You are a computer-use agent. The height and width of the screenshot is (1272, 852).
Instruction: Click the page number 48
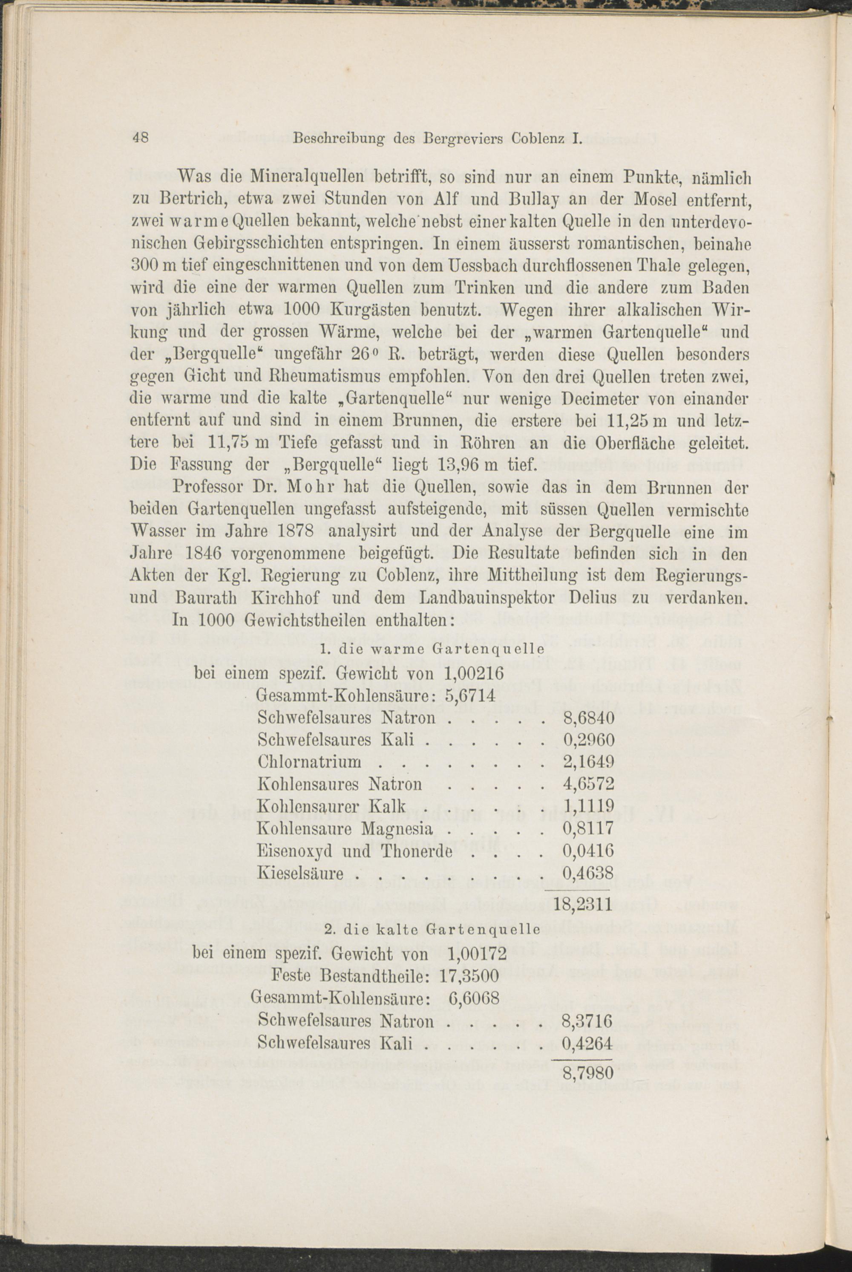tap(140, 138)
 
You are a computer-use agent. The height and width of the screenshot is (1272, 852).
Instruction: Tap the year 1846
tap(202, 554)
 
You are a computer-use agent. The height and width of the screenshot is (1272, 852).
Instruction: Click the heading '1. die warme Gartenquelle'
tap(432, 649)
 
